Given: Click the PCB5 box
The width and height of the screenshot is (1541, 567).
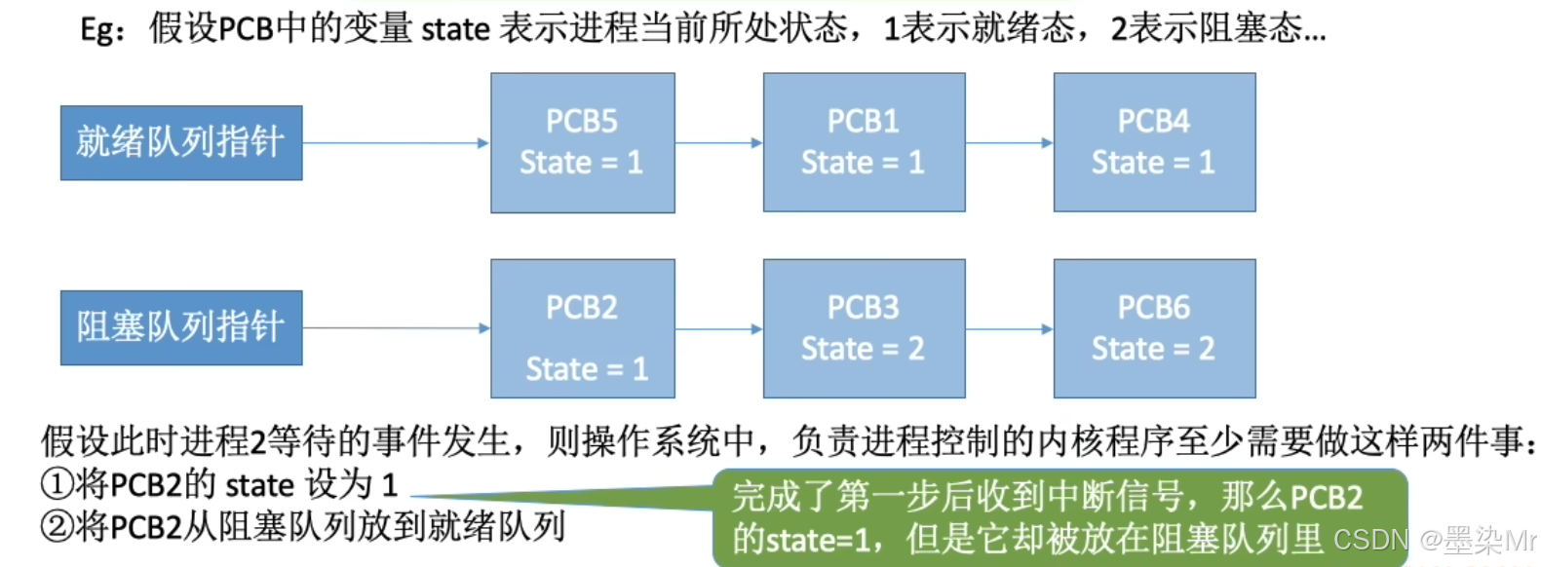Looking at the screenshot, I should [582, 142].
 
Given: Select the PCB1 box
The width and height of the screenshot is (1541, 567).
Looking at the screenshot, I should [864, 142].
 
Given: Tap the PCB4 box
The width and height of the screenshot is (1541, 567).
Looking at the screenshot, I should [1154, 142].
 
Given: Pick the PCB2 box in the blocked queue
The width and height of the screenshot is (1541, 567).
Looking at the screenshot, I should [582, 328].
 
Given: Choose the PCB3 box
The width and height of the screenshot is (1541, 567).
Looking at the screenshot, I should [864, 328].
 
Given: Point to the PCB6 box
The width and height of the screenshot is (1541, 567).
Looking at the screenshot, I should [1154, 328].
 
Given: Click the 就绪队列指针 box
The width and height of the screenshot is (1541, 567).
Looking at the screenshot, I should [181, 143].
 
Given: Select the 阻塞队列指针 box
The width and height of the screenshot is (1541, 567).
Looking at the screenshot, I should [181, 328].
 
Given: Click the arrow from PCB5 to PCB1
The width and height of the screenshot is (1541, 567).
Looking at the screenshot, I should [719, 143].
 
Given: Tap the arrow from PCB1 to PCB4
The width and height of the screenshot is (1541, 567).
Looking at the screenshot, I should [1010, 143].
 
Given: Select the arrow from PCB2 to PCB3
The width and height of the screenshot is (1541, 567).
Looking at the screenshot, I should [719, 329].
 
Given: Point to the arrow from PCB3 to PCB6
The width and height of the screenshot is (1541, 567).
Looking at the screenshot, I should [1010, 329].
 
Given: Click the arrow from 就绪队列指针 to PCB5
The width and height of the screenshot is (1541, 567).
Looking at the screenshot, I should [396, 143].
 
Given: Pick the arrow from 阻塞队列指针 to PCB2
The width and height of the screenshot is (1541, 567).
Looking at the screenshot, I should [396, 328].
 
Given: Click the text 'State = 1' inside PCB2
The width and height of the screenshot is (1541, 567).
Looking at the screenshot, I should [587, 369].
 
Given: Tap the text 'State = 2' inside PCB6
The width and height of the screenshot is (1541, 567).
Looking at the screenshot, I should [1153, 349].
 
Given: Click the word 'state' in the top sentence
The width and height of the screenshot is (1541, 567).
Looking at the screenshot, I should [455, 29].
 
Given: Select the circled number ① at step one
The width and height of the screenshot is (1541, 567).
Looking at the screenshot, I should [57, 484].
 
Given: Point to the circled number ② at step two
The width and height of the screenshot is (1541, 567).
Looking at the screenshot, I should [57, 527].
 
